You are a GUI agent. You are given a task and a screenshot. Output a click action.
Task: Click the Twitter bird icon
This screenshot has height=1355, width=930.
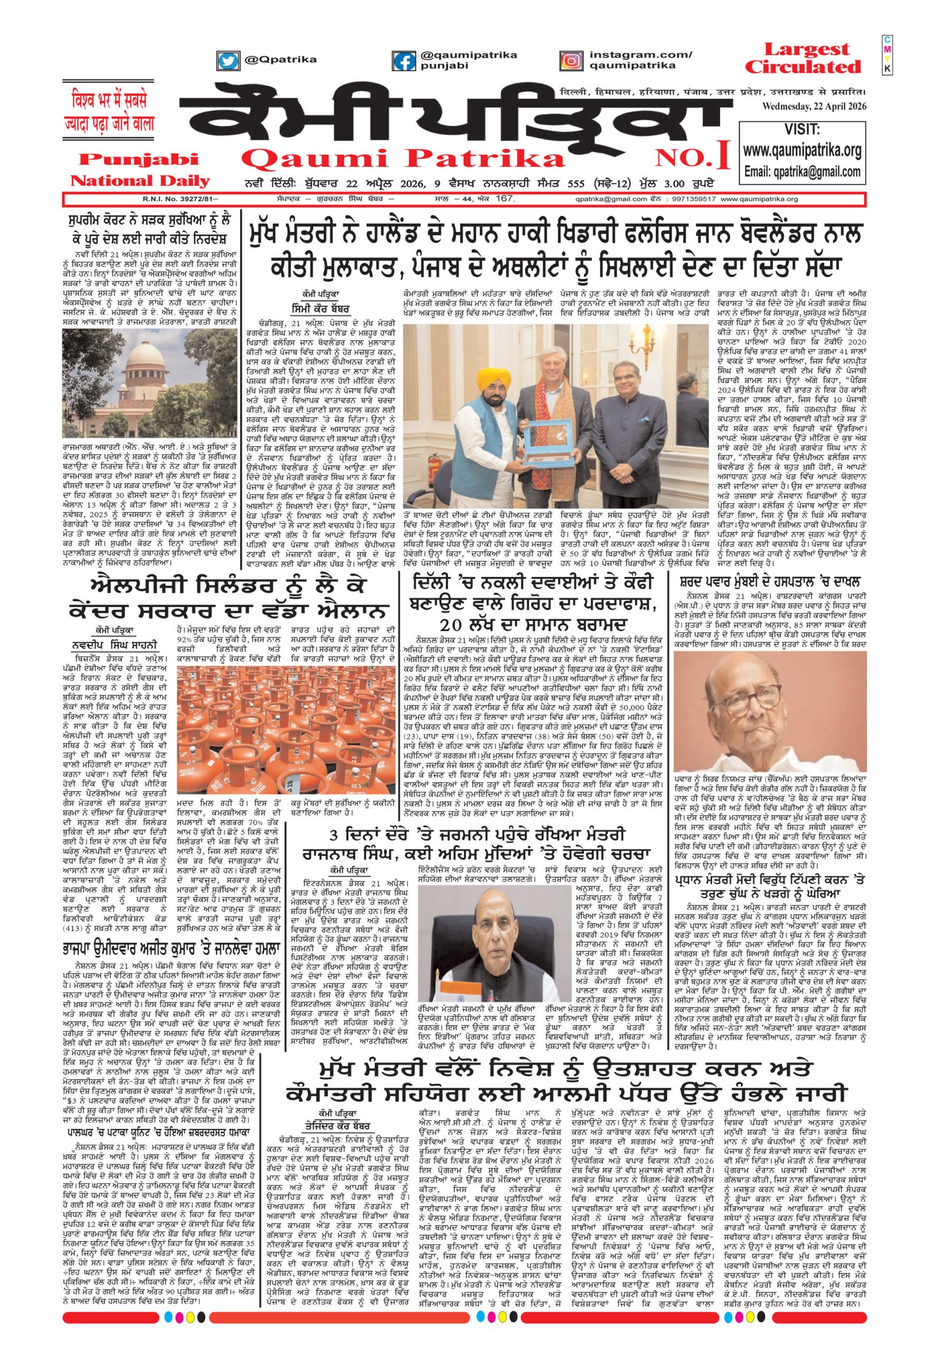(x=228, y=60)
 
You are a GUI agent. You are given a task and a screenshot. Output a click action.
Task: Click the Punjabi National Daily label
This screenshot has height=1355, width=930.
(x=139, y=169)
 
